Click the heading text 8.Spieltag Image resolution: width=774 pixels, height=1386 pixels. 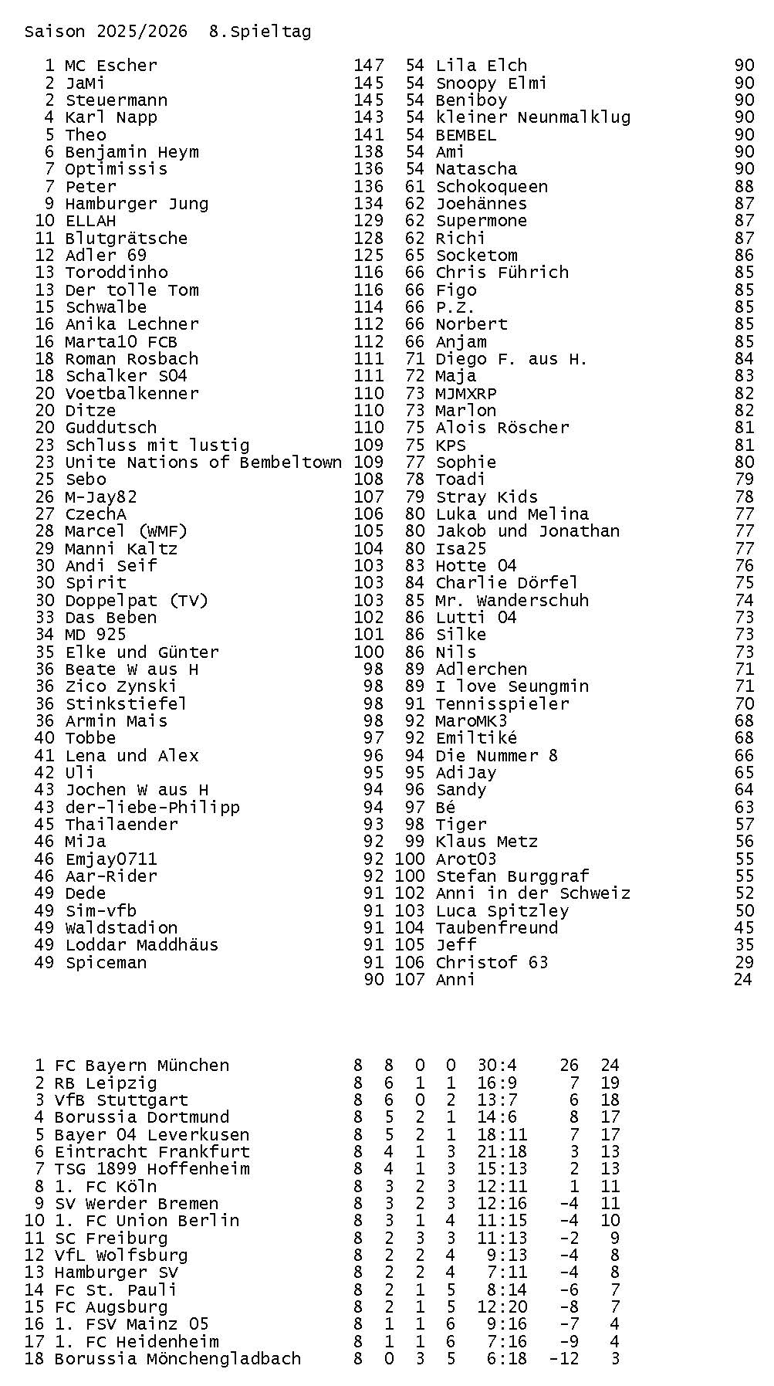[260, 32]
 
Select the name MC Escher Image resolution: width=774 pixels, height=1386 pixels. [110, 66]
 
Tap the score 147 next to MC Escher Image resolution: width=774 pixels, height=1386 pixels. [368, 66]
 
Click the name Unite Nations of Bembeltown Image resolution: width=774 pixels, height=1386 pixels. [203, 463]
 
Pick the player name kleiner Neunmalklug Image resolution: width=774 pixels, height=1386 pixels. [532, 117]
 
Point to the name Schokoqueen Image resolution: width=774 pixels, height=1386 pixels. [492, 186]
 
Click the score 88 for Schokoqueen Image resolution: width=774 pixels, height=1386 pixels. [744, 186]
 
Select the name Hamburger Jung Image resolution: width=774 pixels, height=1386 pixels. [137, 204]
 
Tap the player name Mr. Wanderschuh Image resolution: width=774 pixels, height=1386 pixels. [512, 600]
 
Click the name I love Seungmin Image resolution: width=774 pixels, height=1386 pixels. [512, 686]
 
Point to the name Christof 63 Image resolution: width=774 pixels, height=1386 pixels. [492, 963]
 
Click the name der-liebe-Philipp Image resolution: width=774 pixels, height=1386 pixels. [152, 808]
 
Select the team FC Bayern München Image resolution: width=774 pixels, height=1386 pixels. [141, 1066]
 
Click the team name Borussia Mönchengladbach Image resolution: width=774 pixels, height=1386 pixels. [177, 1358]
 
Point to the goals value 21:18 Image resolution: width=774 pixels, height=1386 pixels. [502, 1151]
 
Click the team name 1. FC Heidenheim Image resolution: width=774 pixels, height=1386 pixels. [137, 1341]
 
